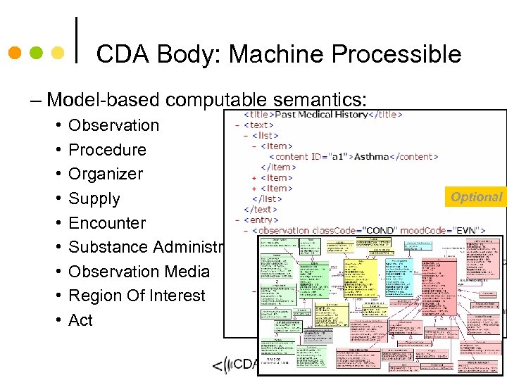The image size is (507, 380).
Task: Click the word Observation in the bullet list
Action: tap(113, 125)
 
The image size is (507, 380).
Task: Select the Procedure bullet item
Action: tap(107, 150)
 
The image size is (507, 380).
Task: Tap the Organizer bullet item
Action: tap(106, 174)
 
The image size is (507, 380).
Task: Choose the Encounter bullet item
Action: tap(107, 223)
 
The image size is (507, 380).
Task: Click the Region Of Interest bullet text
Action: tap(137, 296)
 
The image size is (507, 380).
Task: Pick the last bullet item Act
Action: tap(80, 320)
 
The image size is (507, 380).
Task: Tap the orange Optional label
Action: tap(477, 197)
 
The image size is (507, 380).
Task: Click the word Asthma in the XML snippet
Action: tap(372, 156)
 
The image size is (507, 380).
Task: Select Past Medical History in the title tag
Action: tap(321, 115)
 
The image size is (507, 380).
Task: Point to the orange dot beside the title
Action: tap(15, 53)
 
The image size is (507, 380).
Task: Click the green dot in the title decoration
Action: tap(37, 53)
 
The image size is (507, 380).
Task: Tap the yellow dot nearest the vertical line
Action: tap(58, 53)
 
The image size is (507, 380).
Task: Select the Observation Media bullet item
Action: tap(139, 272)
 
